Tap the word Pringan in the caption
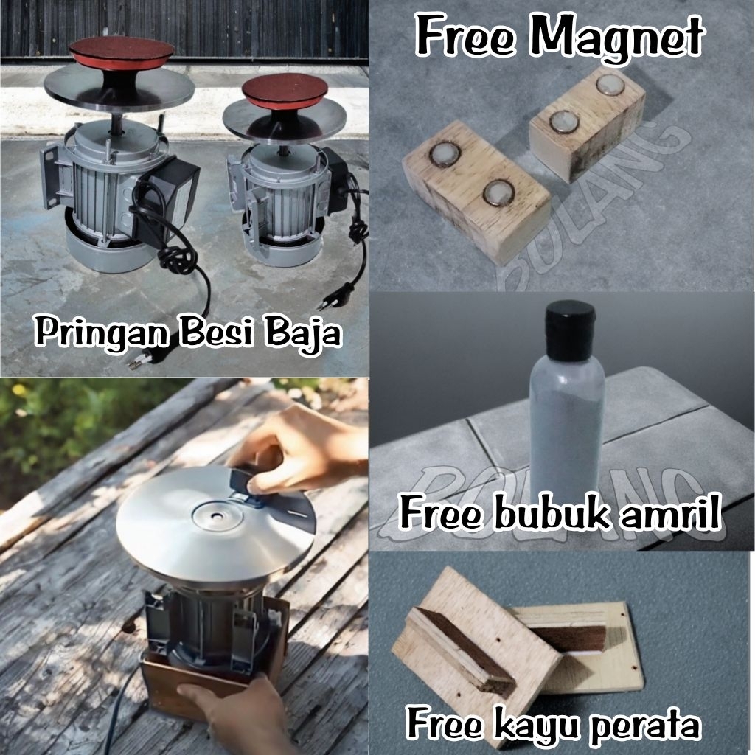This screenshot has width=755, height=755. point(103,333)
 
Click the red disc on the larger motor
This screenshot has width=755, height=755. point(122,52)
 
